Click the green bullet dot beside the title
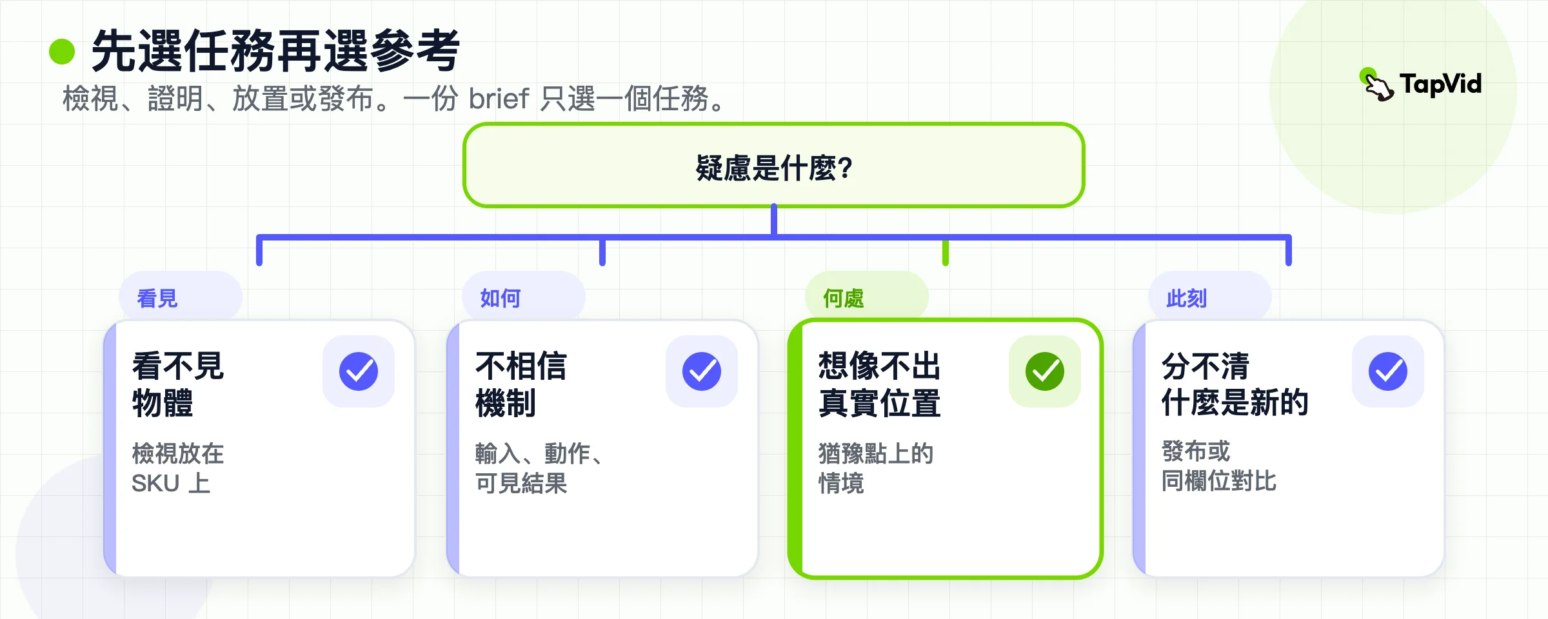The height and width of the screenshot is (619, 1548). click(62, 52)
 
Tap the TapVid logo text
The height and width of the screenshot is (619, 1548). click(1440, 84)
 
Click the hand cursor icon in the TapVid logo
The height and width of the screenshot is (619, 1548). click(1377, 84)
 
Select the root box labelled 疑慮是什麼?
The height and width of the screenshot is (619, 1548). click(773, 165)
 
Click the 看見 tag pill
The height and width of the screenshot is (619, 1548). click(181, 297)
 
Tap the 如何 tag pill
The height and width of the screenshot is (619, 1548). click(524, 297)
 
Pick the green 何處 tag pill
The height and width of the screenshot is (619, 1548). click(867, 297)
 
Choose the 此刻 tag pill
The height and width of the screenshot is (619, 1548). click(1210, 297)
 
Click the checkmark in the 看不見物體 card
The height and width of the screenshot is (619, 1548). click(359, 371)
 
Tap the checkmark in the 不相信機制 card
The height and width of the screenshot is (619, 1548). click(702, 371)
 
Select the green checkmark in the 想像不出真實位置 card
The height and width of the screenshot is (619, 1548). click(1045, 371)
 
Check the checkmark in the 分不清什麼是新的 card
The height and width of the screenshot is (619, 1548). click(1388, 371)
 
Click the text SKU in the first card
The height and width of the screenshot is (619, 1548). click(155, 484)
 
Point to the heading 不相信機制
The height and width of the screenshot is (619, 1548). click(521, 384)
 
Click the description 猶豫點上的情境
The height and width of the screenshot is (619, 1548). click(876, 468)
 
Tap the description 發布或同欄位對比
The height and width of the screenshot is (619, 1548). click(1219, 466)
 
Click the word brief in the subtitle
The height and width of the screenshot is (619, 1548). click(499, 99)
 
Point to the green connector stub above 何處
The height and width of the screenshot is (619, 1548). click(946, 253)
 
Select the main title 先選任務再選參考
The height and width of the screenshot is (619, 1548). click(275, 51)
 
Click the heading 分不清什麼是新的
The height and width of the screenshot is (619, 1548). click(1235, 384)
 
